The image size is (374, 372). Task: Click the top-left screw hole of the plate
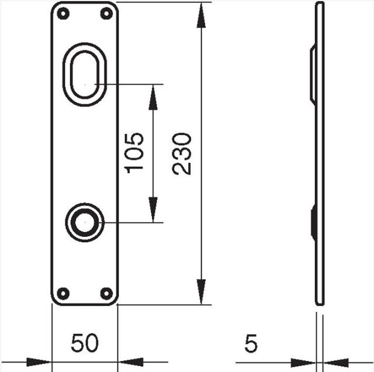[65, 13]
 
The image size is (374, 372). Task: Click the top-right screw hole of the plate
[106, 13]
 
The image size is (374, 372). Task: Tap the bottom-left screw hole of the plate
[65, 292]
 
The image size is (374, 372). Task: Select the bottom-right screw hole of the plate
[106, 292]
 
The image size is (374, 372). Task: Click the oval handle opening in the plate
[85, 74]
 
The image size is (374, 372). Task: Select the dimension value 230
[182, 153]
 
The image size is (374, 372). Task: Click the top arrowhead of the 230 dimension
[202, 15]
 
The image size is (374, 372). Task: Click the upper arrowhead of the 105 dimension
[154, 97]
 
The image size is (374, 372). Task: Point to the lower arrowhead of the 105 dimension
[154, 210]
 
